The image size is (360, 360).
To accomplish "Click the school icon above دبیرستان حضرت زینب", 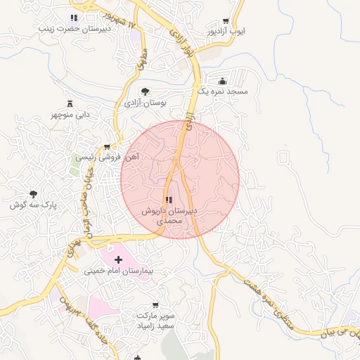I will [74, 18].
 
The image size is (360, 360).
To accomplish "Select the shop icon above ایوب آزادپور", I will [225, 21].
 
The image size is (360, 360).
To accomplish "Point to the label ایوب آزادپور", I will [224, 32].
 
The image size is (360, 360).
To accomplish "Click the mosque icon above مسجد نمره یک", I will [223, 81].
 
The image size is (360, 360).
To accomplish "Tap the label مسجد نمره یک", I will [223, 92].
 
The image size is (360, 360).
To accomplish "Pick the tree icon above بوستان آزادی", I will [145, 91].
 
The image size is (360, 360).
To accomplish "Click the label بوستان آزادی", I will [143, 103].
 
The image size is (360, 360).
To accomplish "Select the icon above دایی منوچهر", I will [70, 103].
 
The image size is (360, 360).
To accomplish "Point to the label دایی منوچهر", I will [70, 115].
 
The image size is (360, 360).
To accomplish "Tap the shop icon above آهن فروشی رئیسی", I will [106, 147].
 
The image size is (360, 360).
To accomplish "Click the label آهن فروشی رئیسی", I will [108, 158].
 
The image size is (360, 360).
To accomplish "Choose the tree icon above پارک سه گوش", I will [33, 193].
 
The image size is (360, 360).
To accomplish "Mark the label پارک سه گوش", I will [33, 205].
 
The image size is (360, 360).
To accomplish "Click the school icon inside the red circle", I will [168, 200].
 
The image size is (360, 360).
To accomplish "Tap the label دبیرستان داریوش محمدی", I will [169, 215].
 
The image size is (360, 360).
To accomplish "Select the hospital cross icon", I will [127, 260].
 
